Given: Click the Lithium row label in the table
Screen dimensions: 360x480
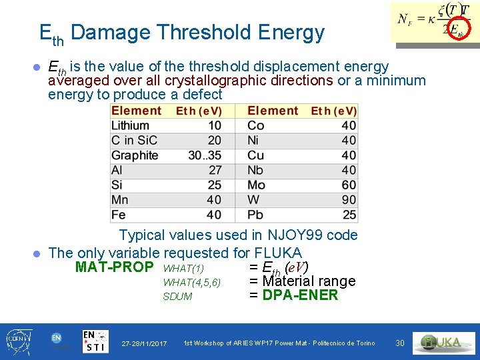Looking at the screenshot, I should (130, 125).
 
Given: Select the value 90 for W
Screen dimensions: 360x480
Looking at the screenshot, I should (349, 200).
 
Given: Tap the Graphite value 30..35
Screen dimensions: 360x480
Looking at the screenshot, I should (205, 155).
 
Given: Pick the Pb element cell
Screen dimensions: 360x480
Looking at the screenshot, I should (255, 215).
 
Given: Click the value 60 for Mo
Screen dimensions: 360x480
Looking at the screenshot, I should (349, 185).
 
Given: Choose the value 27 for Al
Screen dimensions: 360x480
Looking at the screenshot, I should (214, 170).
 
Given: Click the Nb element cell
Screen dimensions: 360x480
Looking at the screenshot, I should (256, 170).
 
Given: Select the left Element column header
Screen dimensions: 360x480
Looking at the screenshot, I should (136, 111).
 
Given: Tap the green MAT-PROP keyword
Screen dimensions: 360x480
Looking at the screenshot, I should (115, 268).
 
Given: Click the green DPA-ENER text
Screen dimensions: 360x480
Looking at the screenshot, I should (301, 295).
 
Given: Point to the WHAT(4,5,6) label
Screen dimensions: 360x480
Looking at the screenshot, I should (192, 283).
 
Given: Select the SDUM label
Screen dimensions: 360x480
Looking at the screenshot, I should (177, 297).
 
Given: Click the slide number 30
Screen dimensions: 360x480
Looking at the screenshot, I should (400, 343).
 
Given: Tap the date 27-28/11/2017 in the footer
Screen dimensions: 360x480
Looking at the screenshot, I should (144, 343).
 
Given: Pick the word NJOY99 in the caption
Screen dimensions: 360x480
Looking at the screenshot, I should (286, 235).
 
